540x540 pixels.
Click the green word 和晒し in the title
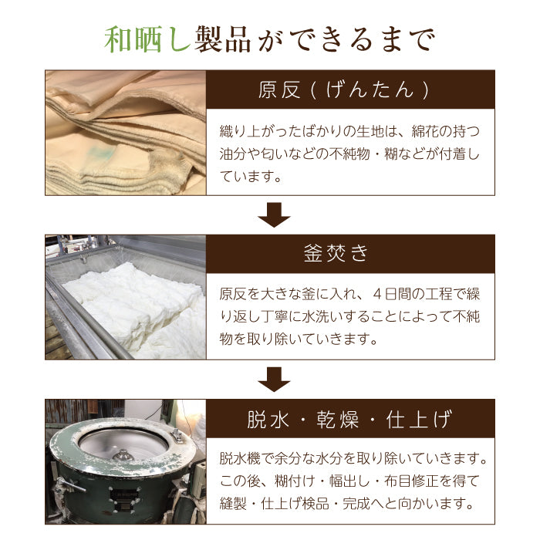click(x=147, y=39)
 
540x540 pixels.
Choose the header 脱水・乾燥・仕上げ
click(x=351, y=420)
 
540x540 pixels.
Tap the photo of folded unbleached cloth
click(x=125, y=133)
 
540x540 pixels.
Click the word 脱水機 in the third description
click(x=242, y=459)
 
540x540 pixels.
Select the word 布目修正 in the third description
click(x=400, y=481)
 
